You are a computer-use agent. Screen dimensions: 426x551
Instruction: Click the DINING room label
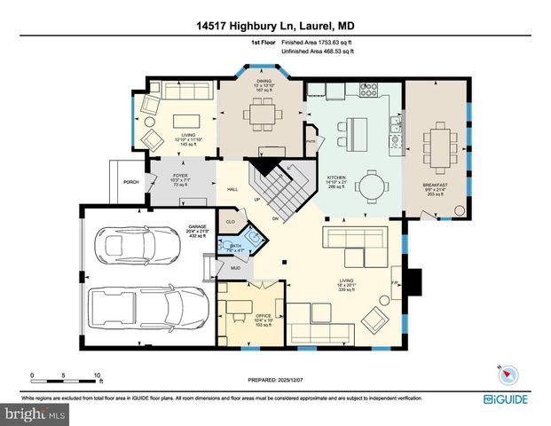tap(262, 80)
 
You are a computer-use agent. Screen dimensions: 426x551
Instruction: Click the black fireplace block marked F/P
tap(413, 282)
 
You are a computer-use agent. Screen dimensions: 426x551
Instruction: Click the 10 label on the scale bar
tap(98, 374)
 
